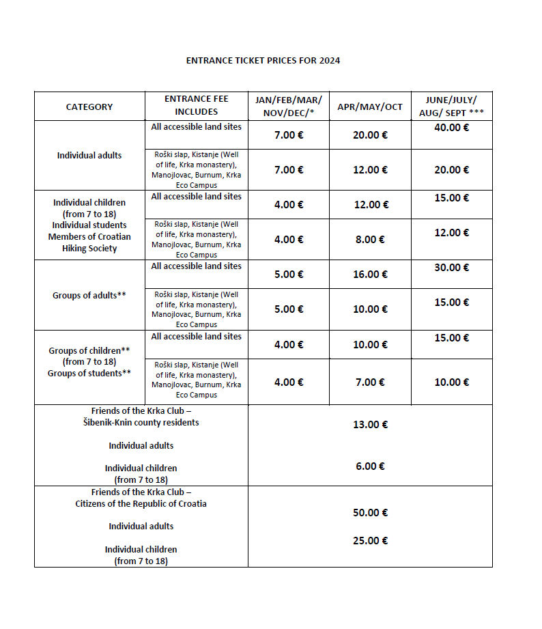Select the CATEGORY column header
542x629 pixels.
click(89, 107)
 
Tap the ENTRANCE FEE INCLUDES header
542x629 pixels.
click(197, 105)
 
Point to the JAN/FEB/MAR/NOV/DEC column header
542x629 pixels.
click(289, 105)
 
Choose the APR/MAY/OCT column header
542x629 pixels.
click(370, 107)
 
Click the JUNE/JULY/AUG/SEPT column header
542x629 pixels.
click(451, 105)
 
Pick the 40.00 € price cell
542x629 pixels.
click(451, 127)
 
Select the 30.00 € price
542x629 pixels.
click(451, 267)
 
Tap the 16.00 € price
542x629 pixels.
click(370, 275)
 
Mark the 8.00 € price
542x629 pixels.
click(370, 240)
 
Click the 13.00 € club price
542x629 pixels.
click(370, 425)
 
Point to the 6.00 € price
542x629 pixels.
click(370, 466)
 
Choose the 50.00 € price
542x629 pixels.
click(370, 513)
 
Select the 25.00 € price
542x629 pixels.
click(370, 541)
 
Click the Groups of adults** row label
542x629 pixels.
click(89, 296)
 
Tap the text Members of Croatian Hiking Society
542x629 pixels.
click(89, 242)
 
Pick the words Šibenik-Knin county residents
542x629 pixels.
click(141, 423)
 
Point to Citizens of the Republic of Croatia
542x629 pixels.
click(141, 504)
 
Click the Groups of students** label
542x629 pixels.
click(89, 374)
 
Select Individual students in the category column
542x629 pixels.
click(89, 225)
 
